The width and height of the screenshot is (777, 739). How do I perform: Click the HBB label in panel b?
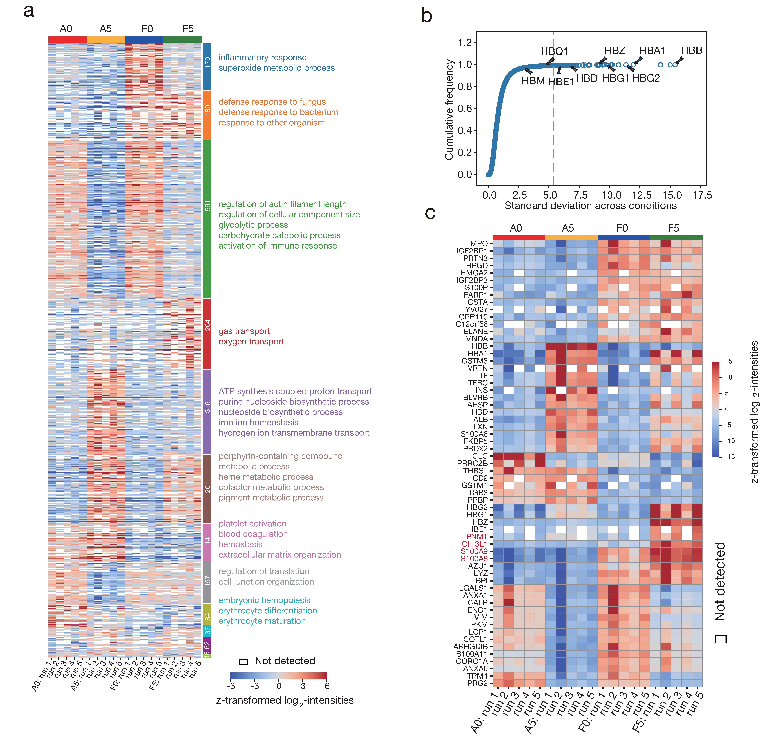pyautogui.click(x=692, y=50)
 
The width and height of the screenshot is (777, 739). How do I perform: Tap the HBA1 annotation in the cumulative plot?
pyautogui.click(x=652, y=50)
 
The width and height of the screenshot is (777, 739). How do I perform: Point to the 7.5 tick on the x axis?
pyautogui.click(x=580, y=195)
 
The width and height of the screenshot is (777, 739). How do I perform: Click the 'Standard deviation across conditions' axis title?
pyautogui.click(x=590, y=206)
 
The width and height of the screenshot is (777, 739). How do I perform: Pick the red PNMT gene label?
pyautogui.click(x=476, y=536)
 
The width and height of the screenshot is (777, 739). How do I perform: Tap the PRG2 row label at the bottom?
pyautogui.click(x=477, y=683)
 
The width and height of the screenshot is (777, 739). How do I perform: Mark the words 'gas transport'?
pyautogui.click(x=244, y=331)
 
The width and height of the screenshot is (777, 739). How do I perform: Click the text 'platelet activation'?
pyautogui.click(x=252, y=524)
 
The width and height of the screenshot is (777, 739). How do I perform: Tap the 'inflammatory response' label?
pyautogui.click(x=262, y=57)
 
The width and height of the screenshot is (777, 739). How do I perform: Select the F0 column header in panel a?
pyautogui.click(x=147, y=29)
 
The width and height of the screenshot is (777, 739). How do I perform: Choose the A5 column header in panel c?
pyautogui.click(x=568, y=228)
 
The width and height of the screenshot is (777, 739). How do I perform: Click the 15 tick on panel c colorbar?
pyautogui.click(x=728, y=361)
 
